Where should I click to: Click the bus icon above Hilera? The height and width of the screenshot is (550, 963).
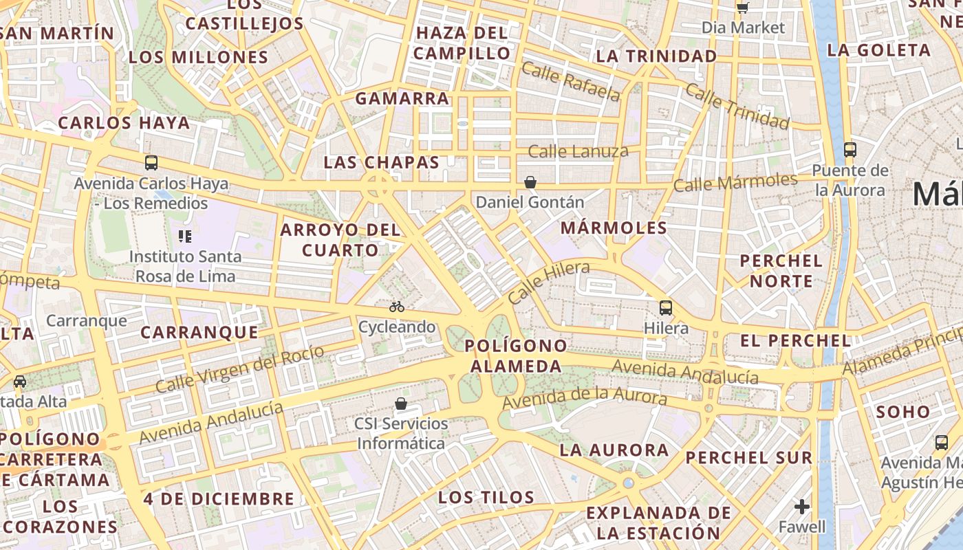pos(665,307)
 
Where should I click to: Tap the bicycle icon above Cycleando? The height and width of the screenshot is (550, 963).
pos(397,307)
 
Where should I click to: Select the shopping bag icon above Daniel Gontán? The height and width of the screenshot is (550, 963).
pos(530,182)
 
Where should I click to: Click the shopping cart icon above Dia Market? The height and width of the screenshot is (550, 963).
pos(742,8)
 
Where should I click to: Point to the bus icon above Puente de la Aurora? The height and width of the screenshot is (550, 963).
pos(850,149)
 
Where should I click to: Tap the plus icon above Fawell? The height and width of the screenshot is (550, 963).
pos(802,507)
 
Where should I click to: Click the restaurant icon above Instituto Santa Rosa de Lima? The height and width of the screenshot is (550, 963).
pos(184,236)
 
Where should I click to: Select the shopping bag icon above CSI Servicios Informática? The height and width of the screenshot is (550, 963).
pos(400,404)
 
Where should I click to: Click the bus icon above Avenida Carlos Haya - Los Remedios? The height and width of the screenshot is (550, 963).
pos(151,163)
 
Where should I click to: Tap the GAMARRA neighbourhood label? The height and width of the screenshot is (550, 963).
pos(402,98)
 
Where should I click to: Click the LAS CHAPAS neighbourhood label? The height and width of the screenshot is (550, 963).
pos(381,163)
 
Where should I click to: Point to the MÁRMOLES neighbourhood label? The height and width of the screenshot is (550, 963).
pos(614,228)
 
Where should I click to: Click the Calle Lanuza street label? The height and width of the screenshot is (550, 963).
pos(578,151)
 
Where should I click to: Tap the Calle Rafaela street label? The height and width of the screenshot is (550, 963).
pos(571,81)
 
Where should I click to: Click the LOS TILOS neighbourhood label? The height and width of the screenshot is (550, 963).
pos(486,497)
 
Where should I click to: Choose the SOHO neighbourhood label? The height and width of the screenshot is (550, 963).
pos(903,412)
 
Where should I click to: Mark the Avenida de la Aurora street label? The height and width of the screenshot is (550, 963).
pos(585,397)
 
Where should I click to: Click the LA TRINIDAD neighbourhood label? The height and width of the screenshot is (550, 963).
pos(657,56)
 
